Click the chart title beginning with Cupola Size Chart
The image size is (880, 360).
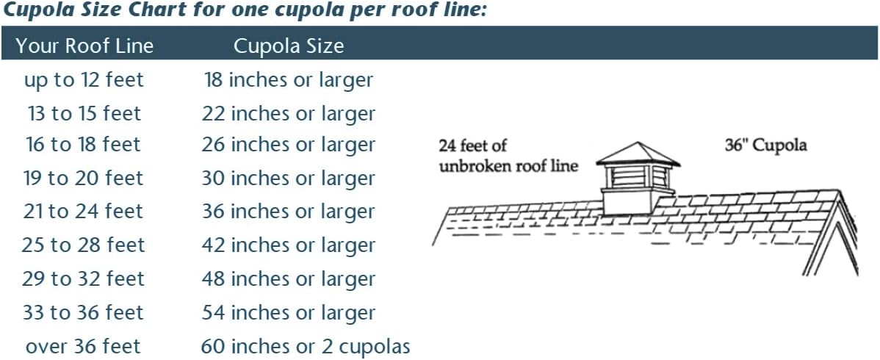point(244,11)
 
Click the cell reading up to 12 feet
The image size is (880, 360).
point(84,80)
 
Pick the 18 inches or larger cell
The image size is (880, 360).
point(289,80)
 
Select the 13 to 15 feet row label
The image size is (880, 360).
point(84,113)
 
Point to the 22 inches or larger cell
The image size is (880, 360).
point(289,113)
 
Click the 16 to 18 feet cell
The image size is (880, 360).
point(84,145)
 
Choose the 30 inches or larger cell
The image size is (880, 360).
point(289,179)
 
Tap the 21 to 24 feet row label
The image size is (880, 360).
point(84,212)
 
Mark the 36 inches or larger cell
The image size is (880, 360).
point(289,212)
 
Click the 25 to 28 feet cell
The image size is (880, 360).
point(84,245)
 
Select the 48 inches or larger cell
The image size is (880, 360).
point(289,278)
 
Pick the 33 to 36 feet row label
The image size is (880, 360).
point(84,312)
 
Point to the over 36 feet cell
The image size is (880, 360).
point(84,347)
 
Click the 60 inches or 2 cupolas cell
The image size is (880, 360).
point(306,347)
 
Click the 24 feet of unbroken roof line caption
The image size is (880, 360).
point(508,156)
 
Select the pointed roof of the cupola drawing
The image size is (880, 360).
point(638,154)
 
